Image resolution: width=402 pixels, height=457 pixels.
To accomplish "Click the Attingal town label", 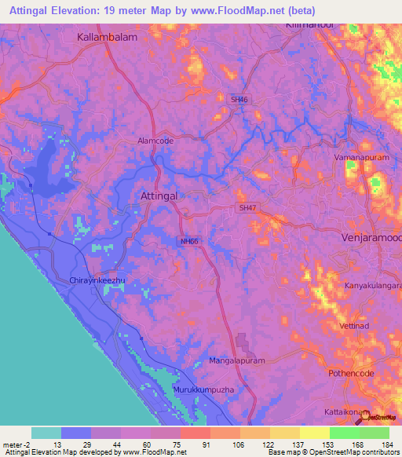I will [x=161, y=195].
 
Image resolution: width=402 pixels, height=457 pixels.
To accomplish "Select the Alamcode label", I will [x=155, y=140].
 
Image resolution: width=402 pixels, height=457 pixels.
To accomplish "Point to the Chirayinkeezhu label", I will [x=90, y=280].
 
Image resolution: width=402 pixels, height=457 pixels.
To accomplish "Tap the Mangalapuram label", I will [x=237, y=361].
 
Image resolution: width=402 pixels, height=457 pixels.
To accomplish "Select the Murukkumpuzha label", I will [x=204, y=389].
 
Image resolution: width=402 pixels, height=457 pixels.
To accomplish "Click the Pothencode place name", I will [x=353, y=374].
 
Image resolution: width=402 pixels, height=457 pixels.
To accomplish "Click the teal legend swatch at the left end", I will [x=46, y=433].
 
